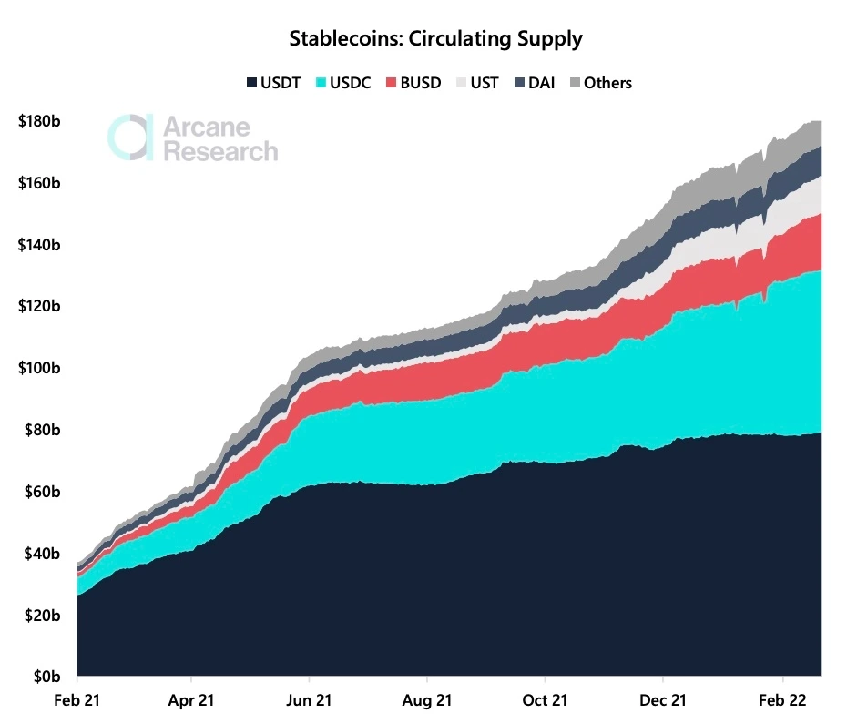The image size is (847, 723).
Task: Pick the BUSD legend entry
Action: (413, 83)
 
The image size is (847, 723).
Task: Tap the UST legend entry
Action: (477, 83)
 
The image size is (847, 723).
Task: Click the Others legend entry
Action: (599, 83)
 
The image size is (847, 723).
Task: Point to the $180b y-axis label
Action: (38, 121)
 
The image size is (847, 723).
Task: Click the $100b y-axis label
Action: (38, 368)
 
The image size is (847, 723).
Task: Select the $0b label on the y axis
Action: (46, 677)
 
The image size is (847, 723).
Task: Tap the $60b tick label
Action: (42, 492)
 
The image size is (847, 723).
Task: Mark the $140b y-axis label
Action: (38, 245)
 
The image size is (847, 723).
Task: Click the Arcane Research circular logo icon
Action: (129, 137)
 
